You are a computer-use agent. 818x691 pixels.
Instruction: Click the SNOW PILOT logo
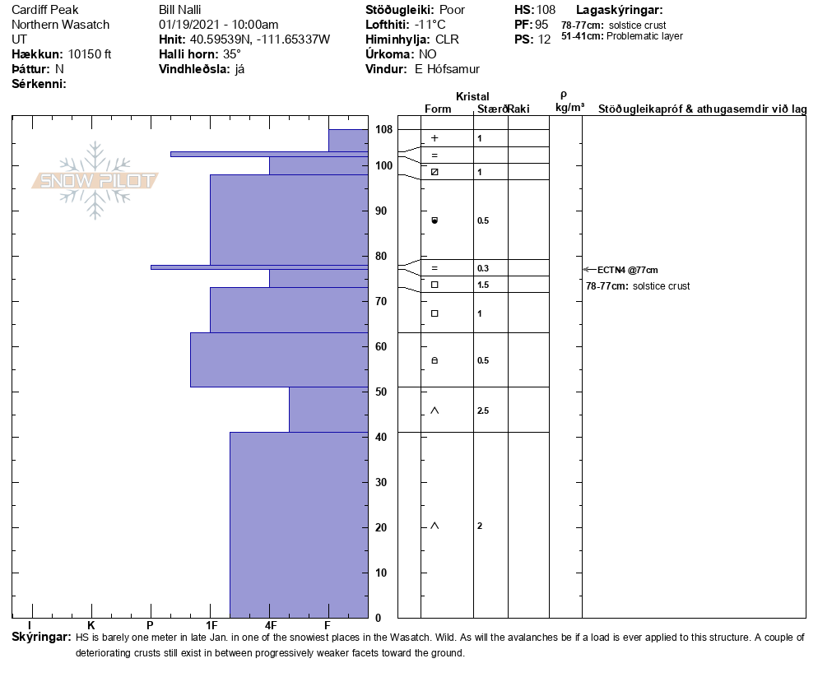pyautogui.click(x=95, y=180)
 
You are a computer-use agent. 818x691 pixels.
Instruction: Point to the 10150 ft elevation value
pyautogui.click(x=90, y=54)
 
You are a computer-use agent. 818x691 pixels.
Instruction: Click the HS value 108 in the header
pyautogui.click(x=546, y=10)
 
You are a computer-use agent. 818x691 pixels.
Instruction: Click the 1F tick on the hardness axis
pyautogui.click(x=211, y=626)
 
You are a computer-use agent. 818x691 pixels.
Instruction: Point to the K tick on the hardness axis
pyautogui.click(x=91, y=626)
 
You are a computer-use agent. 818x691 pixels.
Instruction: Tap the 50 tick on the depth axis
pyautogui.click(x=381, y=392)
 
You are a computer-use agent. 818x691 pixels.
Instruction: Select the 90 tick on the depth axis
pyautogui.click(x=381, y=211)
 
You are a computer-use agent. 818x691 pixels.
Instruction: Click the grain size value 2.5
pyautogui.click(x=484, y=410)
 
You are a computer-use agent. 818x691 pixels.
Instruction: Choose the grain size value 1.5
pyautogui.click(x=484, y=285)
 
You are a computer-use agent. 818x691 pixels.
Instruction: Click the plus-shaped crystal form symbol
pyautogui.click(x=435, y=138)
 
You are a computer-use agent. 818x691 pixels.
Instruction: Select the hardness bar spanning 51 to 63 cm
pyautogui.click(x=279, y=359)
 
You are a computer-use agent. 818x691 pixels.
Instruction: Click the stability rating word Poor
pyautogui.click(x=452, y=10)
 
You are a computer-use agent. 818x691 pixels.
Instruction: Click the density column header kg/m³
pyautogui.click(x=569, y=108)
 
